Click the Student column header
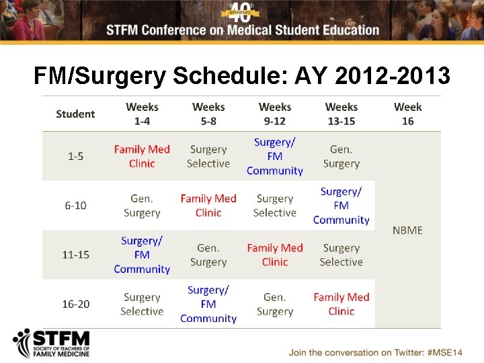tap(75, 114)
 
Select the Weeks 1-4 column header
tap(142, 114)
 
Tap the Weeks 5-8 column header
tap(208, 114)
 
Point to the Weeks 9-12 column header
tap(275, 114)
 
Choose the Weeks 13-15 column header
tap(341, 114)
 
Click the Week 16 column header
tap(407, 114)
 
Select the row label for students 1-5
tap(75, 156)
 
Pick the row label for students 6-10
tap(75, 205)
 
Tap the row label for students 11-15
tap(75, 255)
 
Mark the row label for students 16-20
tap(75, 304)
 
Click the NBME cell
tap(407, 230)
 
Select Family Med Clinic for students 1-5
tap(142, 156)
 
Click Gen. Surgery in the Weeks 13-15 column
tap(341, 156)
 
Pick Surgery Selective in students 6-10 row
tap(275, 205)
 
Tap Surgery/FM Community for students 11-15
tap(142, 255)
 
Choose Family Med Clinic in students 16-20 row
tap(341, 304)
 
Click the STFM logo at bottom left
tap(51, 344)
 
